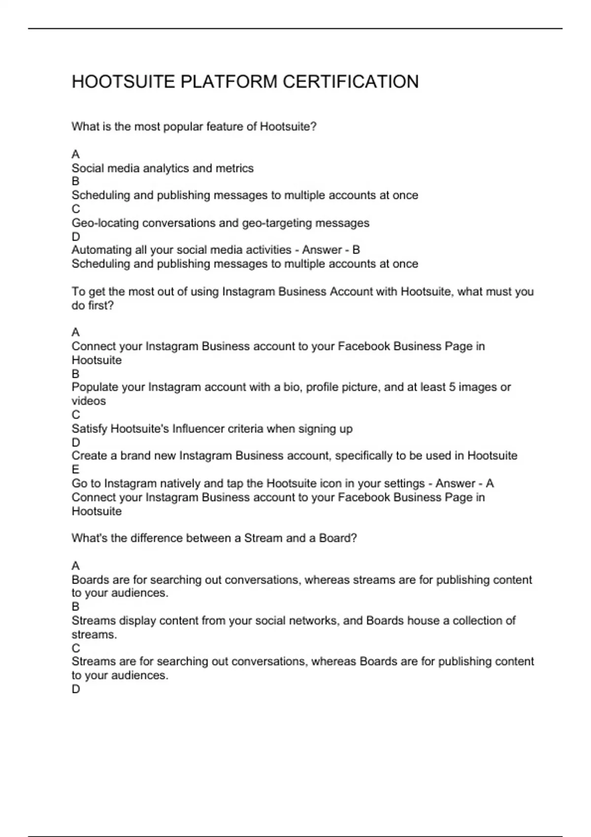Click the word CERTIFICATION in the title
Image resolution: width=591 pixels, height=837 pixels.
[x=351, y=82]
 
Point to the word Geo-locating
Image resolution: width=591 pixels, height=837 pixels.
[x=105, y=223]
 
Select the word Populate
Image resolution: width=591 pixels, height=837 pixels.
[x=95, y=387]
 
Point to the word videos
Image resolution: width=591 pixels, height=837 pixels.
[x=89, y=401]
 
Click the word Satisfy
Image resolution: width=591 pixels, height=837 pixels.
[x=89, y=429]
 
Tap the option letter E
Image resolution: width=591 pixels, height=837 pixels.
[x=75, y=470]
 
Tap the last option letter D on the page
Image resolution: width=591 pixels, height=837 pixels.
[x=76, y=689]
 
